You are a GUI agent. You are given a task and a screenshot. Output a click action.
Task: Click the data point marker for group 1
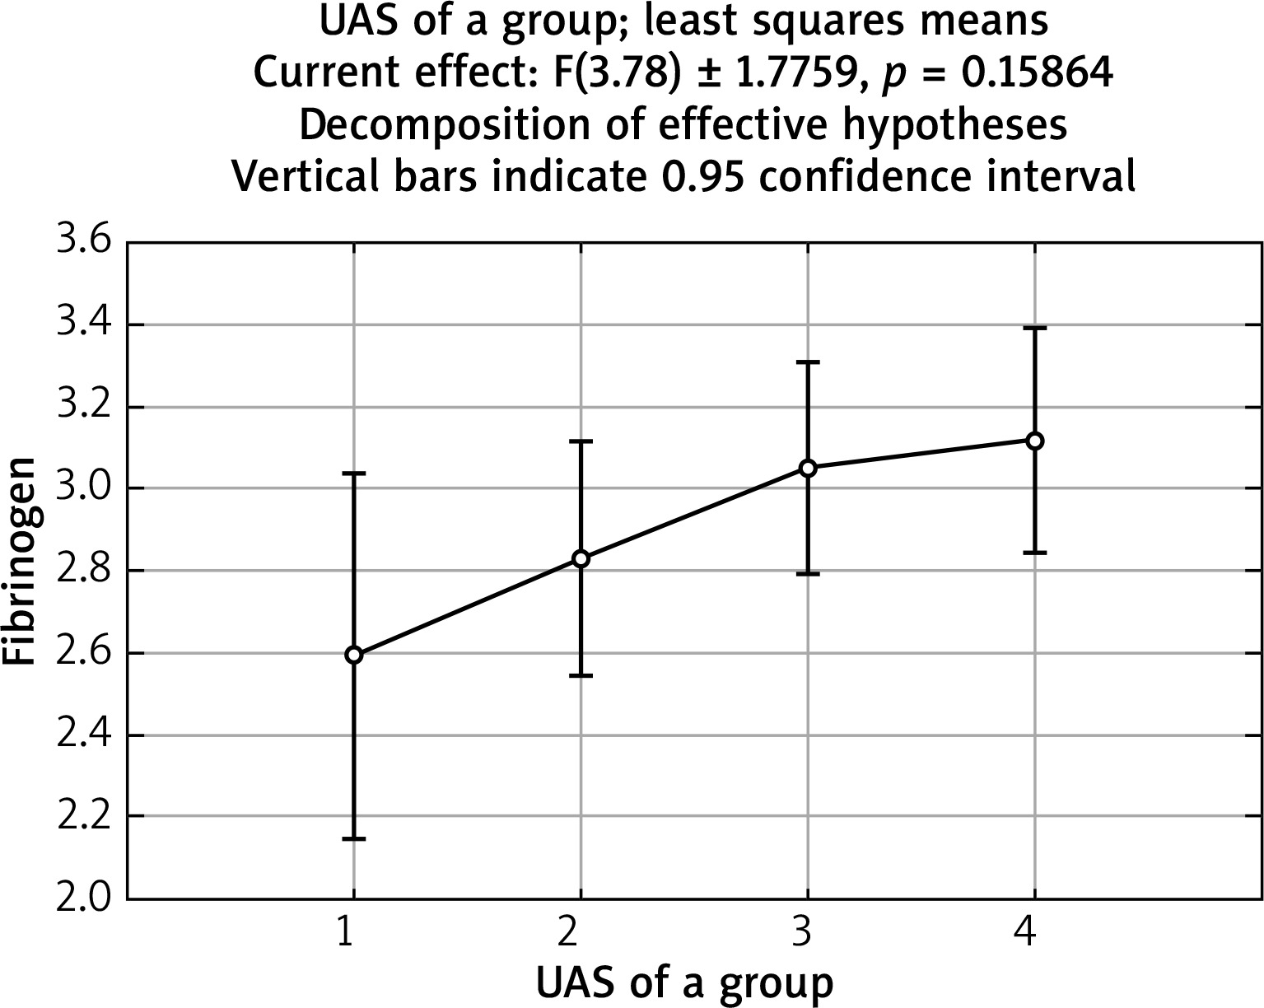click(x=354, y=655)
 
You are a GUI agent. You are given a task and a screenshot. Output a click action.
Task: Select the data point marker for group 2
click(x=581, y=558)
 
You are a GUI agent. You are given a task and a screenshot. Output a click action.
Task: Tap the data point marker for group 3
click(x=808, y=468)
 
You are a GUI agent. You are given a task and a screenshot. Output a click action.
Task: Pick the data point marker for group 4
click(x=1035, y=441)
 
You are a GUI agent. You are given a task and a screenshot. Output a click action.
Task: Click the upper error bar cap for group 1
click(x=354, y=474)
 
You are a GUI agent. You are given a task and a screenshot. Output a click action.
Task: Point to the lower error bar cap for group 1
click(x=354, y=838)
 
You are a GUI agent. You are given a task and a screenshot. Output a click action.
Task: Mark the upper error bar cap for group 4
click(x=1035, y=328)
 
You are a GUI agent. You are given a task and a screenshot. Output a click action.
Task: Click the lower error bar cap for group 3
click(x=808, y=573)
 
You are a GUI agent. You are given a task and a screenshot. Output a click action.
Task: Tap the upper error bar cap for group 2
click(x=581, y=441)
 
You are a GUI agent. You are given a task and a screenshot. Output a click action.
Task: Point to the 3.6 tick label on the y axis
click(x=83, y=245)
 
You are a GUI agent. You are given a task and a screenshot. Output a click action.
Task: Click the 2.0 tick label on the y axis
click(x=83, y=898)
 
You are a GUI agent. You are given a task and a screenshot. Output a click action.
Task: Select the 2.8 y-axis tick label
click(x=83, y=571)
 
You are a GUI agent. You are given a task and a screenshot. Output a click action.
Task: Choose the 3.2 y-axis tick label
click(x=83, y=408)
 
